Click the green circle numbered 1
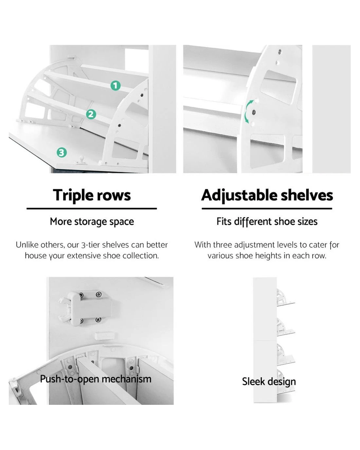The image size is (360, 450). pyautogui.click(x=116, y=86)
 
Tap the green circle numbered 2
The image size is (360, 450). pyautogui.click(x=91, y=115)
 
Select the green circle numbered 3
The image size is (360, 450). pyautogui.click(x=62, y=153)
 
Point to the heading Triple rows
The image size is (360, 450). pyautogui.click(x=92, y=195)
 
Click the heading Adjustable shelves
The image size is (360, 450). pyautogui.click(x=267, y=195)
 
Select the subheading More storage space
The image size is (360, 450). pyautogui.click(x=92, y=222)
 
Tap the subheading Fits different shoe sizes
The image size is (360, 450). pyautogui.click(x=267, y=222)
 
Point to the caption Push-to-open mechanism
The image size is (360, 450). pyautogui.click(x=96, y=379)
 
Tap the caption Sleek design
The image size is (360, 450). pyautogui.click(x=269, y=381)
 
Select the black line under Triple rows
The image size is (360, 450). pyautogui.click(x=92, y=208)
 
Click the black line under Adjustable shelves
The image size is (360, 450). pyautogui.click(x=267, y=208)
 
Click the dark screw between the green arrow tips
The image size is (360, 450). pyautogui.click(x=254, y=112)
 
